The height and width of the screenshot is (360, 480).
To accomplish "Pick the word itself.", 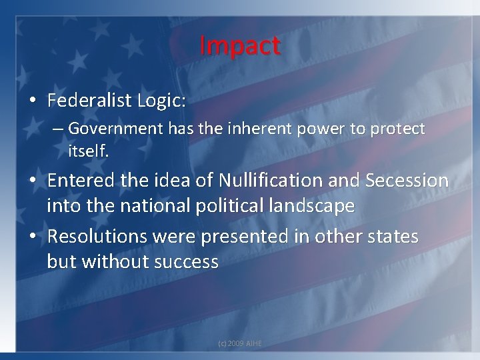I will [88, 151].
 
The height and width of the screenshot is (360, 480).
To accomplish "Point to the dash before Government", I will [59, 129].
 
